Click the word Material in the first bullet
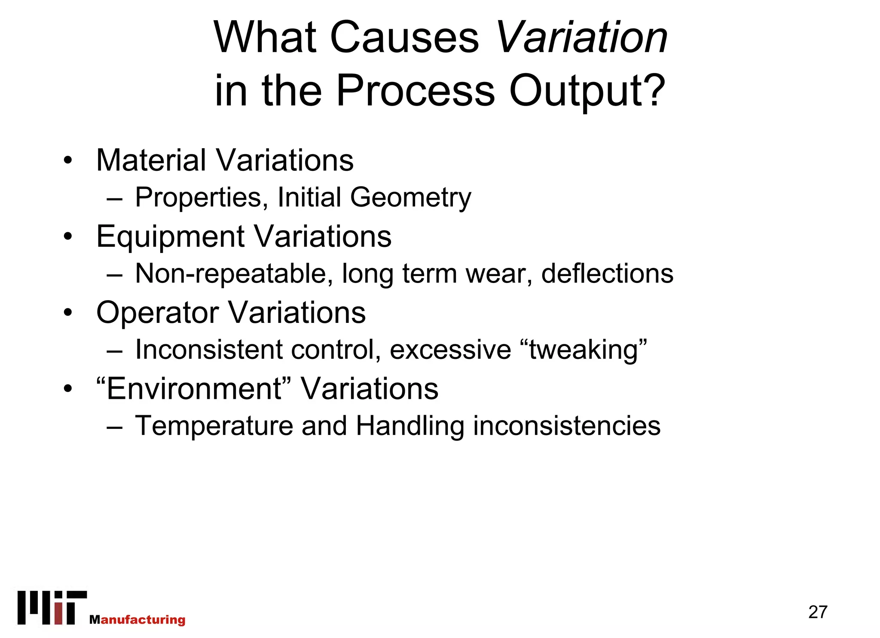(x=151, y=160)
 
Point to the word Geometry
(x=410, y=198)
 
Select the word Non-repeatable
(x=234, y=273)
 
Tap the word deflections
(x=607, y=273)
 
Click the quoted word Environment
(x=194, y=389)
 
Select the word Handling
(x=410, y=426)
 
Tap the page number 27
(x=817, y=612)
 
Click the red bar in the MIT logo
(x=59, y=614)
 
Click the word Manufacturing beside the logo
(x=137, y=620)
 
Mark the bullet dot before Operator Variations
(x=68, y=313)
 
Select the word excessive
(x=450, y=350)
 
